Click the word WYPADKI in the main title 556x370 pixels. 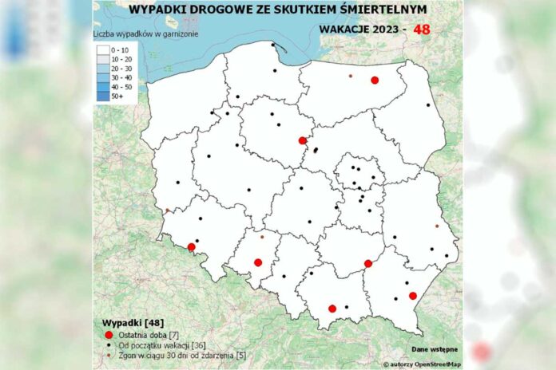tap(156, 10)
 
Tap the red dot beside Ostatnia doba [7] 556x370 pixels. tap(109, 333)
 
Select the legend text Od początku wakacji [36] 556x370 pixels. tap(157, 345)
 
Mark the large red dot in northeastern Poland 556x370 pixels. tap(374, 80)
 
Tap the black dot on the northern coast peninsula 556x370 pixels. tap(273, 45)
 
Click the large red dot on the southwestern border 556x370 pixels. tap(191, 247)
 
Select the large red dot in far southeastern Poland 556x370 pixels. tap(413, 296)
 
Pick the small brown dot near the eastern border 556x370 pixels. tap(436, 226)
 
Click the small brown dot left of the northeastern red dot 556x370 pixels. tap(350, 76)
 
